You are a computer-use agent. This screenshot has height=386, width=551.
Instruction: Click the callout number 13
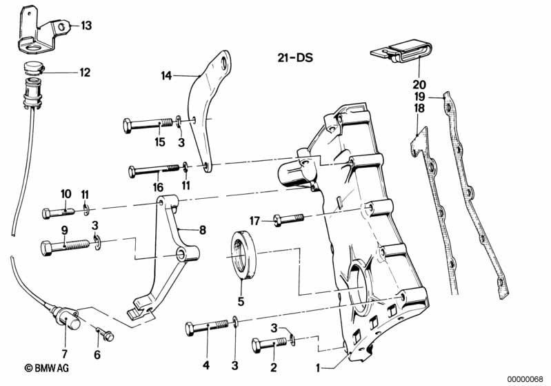86,26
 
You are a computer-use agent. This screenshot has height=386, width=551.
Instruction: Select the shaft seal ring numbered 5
243,255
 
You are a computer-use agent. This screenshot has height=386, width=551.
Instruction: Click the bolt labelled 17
288,220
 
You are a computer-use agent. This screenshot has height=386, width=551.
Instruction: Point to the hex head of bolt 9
48,248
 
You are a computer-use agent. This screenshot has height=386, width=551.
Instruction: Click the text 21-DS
295,58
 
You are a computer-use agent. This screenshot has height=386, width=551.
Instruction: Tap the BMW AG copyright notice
46,368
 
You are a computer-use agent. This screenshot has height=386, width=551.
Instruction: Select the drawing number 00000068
525,379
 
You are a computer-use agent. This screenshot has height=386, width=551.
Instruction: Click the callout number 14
166,75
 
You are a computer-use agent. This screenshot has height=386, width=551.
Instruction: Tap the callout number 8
203,230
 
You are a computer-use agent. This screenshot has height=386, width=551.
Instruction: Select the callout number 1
318,368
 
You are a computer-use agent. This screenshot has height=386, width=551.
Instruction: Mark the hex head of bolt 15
128,126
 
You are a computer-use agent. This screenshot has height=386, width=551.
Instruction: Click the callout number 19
419,97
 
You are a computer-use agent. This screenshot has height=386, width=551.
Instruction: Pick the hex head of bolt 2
257,345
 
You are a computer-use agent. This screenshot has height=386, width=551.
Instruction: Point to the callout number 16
159,187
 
